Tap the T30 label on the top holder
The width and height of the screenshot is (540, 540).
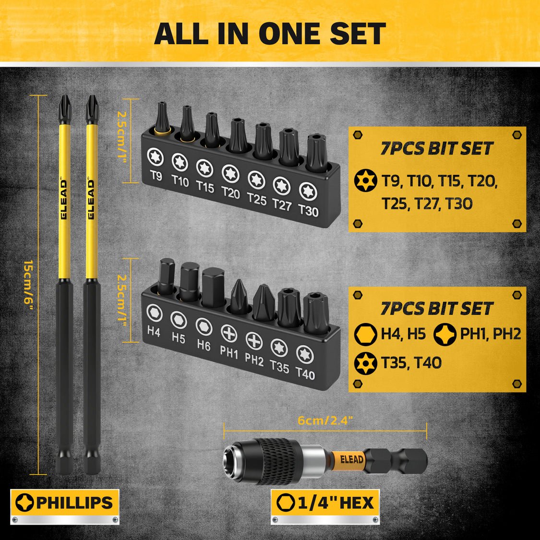click(x=308, y=210)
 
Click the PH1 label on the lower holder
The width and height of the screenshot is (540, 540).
click(x=229, y=353)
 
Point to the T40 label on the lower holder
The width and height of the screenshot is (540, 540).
click(x=305, y=373)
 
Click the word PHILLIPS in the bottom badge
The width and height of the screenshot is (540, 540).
click(x=74, y=503)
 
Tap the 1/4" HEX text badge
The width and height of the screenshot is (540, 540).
click(x=336, y=503)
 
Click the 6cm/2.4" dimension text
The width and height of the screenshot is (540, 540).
click(x=325, y=420)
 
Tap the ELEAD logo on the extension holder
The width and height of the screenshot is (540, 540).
click(x=352, y=459)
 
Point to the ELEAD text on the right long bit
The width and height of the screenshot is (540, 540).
click(x=91, y=199)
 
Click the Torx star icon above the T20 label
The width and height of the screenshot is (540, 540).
click(x=230, y=173)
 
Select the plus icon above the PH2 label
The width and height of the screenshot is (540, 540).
click(x=254, y=340)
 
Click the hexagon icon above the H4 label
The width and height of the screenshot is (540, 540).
click(x=154, y=312)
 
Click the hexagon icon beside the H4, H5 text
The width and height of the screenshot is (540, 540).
click(x=365, y=334)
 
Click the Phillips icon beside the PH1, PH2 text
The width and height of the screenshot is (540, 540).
click(x=445, y=334)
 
